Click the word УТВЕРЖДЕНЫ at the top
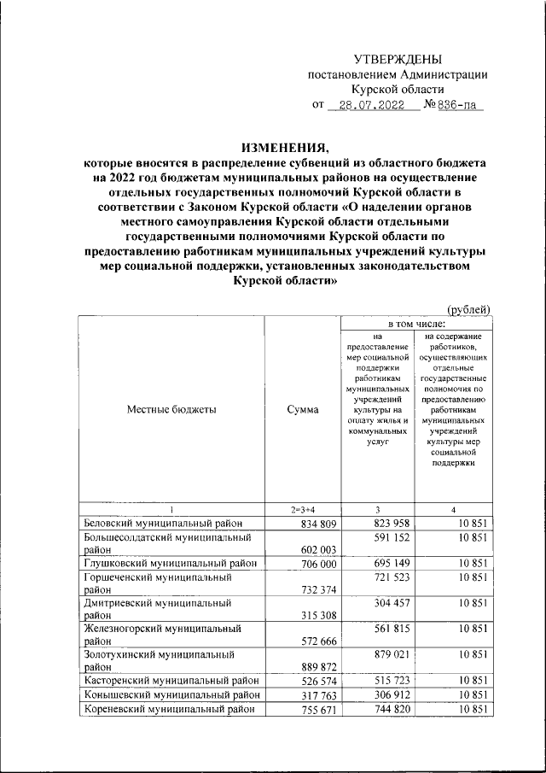398,59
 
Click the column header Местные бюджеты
171,409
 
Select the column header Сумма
303,409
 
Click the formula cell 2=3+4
303,510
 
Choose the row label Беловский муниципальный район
164,523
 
